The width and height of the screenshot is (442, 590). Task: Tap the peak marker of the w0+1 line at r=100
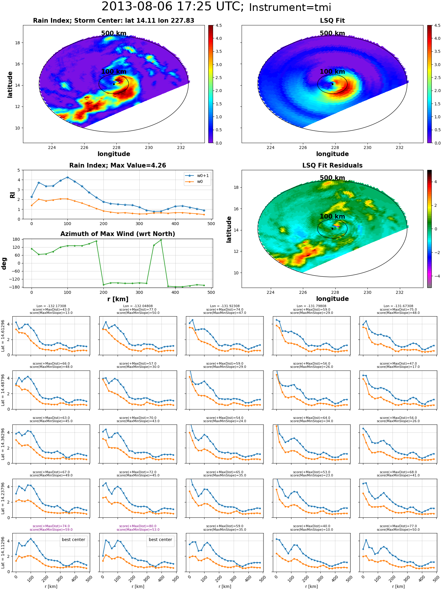(67, 177)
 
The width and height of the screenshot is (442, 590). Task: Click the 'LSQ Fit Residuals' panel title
(332, 165)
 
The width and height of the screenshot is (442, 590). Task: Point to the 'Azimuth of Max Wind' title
(118, 234)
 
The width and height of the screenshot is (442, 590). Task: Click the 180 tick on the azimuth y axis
(17, 239)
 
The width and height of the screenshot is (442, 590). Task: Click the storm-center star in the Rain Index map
(114, 84)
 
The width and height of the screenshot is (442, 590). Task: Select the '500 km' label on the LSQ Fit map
(332, 33)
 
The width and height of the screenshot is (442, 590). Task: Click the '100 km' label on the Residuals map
(332, 217)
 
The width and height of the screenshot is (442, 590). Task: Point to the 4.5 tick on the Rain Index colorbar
(218, 25)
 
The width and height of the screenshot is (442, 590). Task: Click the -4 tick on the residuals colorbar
(436, 276)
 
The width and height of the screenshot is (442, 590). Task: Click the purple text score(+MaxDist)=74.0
(51, 526)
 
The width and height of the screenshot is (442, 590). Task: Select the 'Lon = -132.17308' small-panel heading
(51, 306)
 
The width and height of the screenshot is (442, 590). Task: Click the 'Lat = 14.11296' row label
(3, 553)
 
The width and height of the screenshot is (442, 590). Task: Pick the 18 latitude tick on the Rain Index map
(17, 43)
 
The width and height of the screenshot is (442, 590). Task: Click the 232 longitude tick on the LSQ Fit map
(400, 147)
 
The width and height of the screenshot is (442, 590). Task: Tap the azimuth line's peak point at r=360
(161, 240)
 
